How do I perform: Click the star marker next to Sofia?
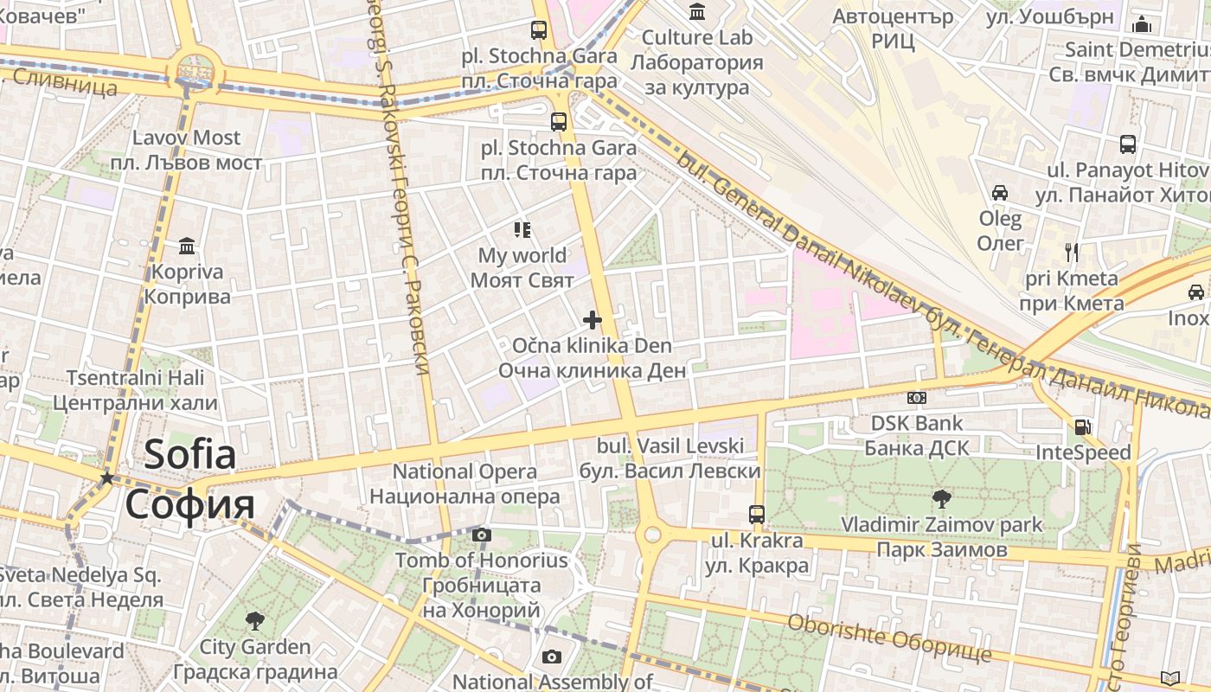tap(106, 477)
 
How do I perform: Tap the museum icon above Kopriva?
tap(187, 247)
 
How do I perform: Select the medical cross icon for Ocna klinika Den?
tap(593, 321)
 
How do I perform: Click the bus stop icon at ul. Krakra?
tap(757, 514)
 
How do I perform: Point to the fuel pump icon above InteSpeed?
tap(1082, 426)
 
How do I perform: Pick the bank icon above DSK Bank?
tap(916, 398)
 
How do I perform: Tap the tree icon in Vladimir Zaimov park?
tap(942, 498)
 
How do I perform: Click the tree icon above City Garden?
tap(254, 620)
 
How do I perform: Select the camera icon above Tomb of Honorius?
tap(482, 535)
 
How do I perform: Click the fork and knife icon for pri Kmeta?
tap(1072, 253)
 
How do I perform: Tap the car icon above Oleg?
tap(1000, 192)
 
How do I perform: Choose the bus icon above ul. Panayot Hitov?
tap(1128, 144)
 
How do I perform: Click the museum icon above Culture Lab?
tap(697, 11)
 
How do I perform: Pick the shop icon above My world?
tap(522, 230)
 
